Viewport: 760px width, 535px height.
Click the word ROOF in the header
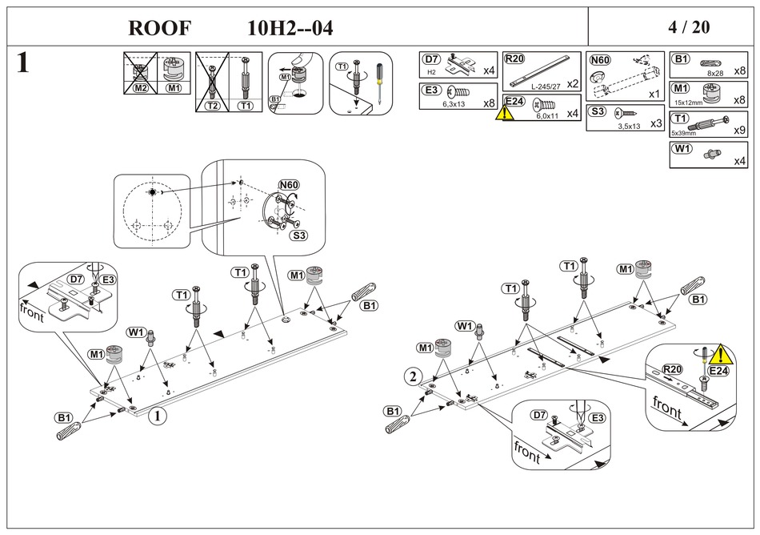(x=160, y=28)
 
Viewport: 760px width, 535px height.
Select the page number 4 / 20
(x=688, y=27)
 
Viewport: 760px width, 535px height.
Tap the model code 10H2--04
(x=290, y=28)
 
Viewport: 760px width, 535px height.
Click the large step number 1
(x=23, y=64)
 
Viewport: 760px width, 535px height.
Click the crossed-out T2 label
(x=212, y=105)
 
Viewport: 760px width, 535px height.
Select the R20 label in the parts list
(x=514, y=59)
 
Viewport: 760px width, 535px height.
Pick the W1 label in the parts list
(x=682, y=149)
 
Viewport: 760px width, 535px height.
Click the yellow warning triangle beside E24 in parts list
(x=506, y=113)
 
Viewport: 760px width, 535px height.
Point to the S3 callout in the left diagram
(x=298, y=235)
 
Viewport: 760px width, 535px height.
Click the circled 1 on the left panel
(x=158, y=416)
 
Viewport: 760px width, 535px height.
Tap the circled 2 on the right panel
(x=413, y=376)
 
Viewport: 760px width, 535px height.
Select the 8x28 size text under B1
(x=714, y=73)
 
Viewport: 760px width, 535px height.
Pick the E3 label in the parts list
(x=432, y=91)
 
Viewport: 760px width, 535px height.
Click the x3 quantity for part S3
(x=656, y=123)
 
